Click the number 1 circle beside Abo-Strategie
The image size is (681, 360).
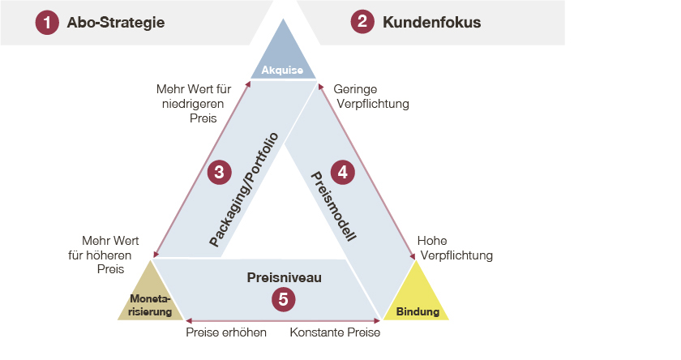click(x=47, y=23)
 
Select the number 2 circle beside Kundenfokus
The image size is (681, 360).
click(x=362, y=23)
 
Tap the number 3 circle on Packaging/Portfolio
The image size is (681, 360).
click(x=219, y=172)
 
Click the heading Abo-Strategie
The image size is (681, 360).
click(x=116, y=23)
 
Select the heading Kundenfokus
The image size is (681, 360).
click(x=431, y=23)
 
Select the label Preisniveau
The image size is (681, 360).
click(x=284, y=277)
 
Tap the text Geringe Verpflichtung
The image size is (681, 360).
click(x=370, y=96)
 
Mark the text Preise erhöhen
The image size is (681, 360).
click(x=226, y=332)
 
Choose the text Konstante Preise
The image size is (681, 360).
click(x=335, y=332)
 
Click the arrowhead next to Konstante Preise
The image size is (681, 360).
click(x=377, y=319)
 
